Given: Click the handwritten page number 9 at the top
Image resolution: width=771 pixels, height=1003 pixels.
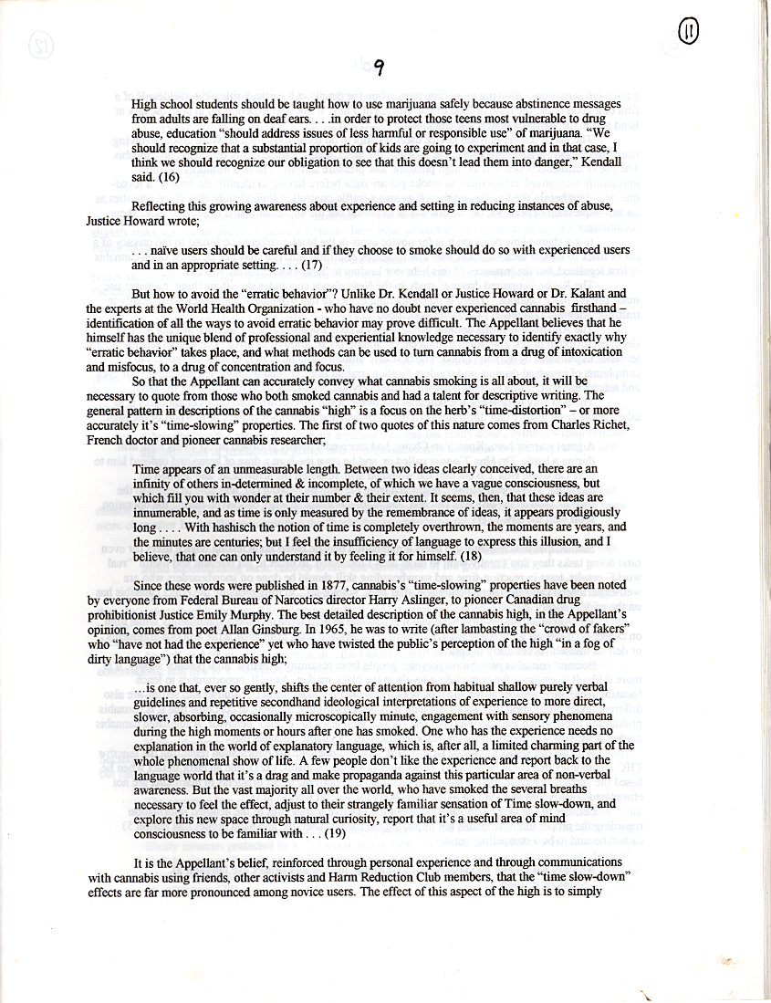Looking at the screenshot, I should pyautogui.click(x=379, y=65).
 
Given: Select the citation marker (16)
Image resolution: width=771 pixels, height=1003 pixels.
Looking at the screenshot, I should pyautogui.click(x=170, y=178).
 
